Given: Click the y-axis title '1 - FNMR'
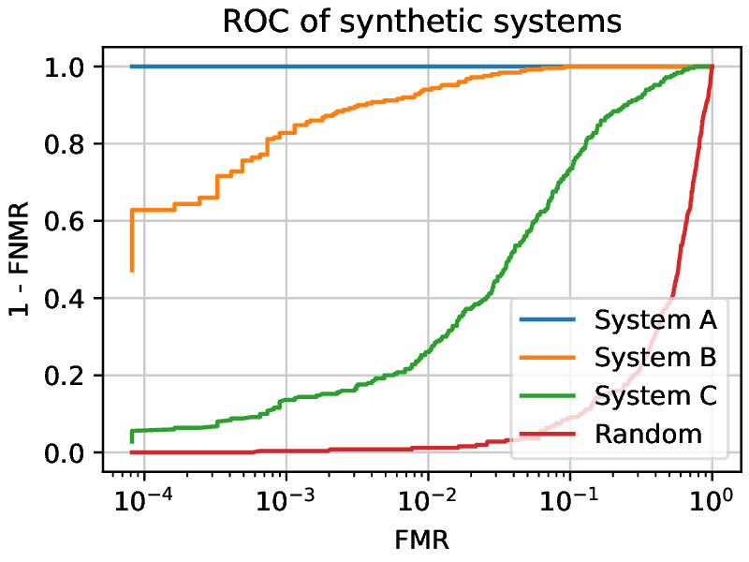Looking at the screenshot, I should (x=22, y=259).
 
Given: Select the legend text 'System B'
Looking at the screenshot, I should (x=655, y=359).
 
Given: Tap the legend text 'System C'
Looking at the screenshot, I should (x=655, y=396).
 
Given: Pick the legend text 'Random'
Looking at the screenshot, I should (x=648, y=434).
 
